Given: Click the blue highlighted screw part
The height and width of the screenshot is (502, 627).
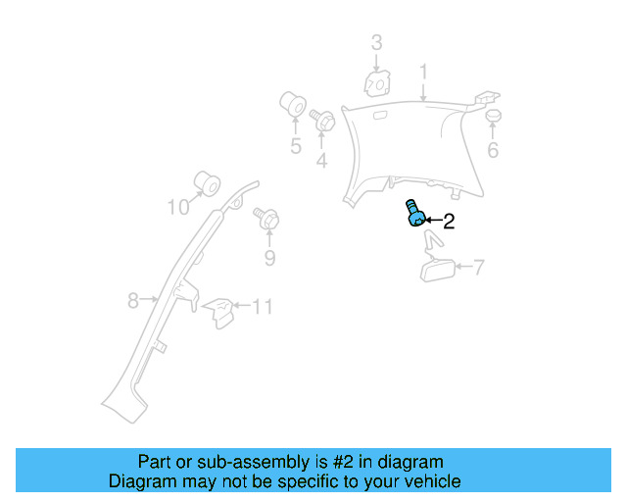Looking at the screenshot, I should (414, 213).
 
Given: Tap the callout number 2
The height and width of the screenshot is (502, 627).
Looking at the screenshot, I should (449, 222).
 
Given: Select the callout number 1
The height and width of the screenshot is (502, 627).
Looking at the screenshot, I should (423, 72).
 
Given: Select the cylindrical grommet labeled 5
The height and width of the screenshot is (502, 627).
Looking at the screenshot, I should (292, 104).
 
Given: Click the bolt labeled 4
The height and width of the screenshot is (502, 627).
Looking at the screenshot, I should (320, 121).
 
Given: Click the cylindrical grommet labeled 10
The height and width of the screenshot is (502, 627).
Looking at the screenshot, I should (206, 182).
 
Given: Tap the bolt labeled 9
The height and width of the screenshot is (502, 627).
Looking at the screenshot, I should (266, 220).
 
